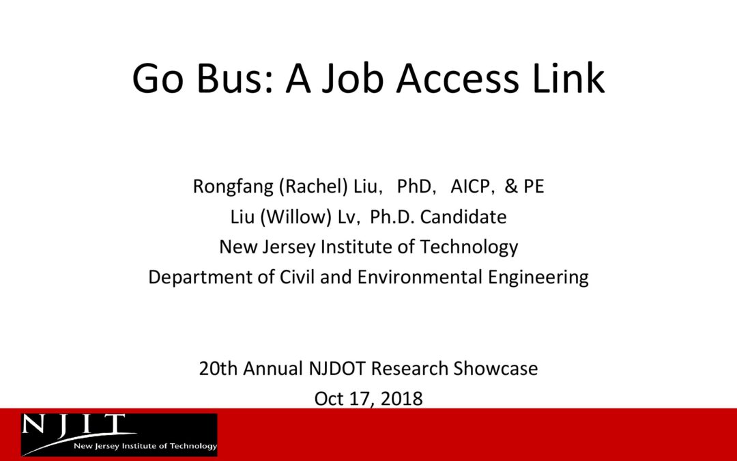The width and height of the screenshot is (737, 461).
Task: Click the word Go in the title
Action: pyautogui.click(x=158, y=78)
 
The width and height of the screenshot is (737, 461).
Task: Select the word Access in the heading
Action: pyautogui.click(x=458, y=78)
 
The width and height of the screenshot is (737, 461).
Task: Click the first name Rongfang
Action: pyautogui.click(x=233, y=186)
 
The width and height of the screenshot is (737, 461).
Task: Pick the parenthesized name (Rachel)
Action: pyautogui.click(x=313, y=186)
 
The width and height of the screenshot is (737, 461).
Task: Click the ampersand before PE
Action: pyautogui.click(x=511, y=186)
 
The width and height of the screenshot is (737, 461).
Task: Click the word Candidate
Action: pyautogui.click(x=463, y=217)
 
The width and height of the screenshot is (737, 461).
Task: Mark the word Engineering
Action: pyautogui.click(x=538, y=277)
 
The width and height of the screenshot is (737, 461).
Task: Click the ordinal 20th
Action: pyautogui.click(x=218, y=368)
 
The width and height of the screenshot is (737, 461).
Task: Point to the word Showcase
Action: pyautogui.click(x=495, y=368)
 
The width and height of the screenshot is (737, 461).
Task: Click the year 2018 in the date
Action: pyautogui.click(x=401, y=399)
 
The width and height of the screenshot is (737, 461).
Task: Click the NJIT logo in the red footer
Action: pyautogui.click(x=119, y=434)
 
